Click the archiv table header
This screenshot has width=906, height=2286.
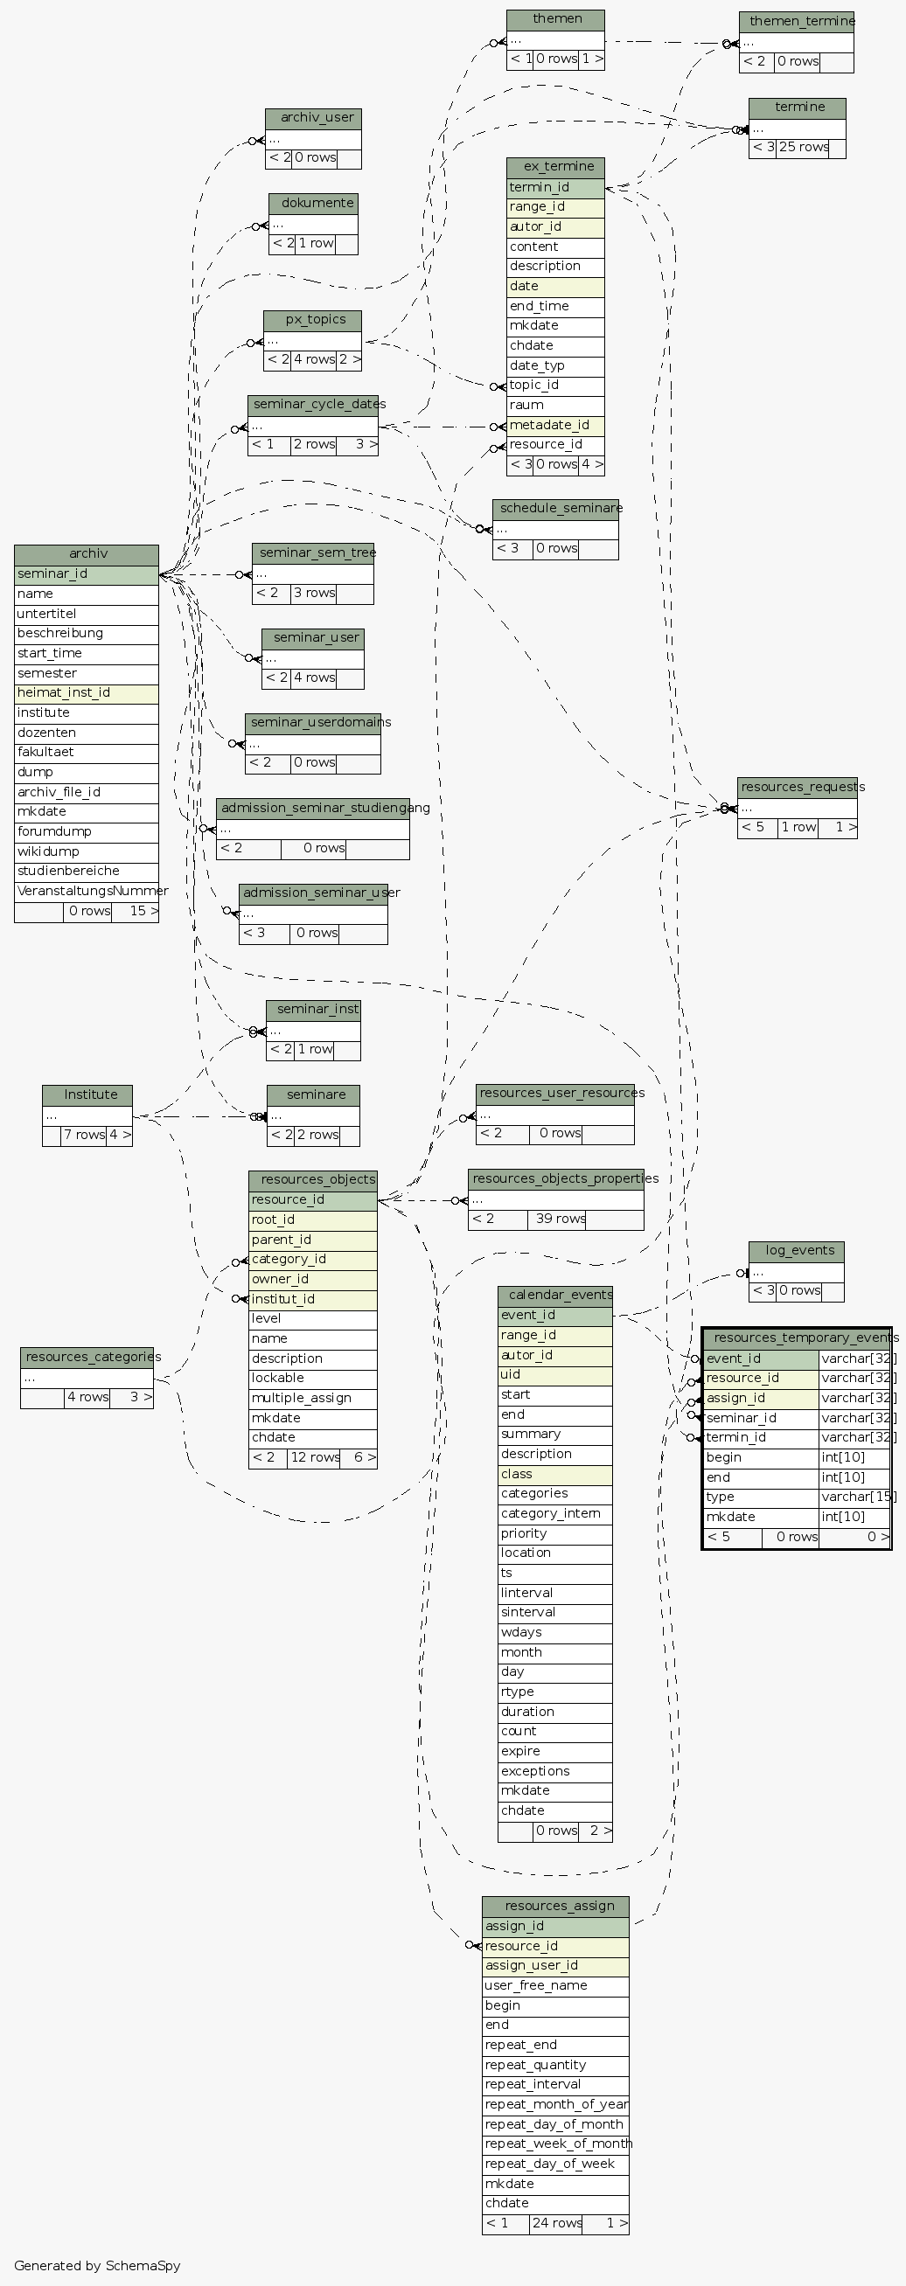87,553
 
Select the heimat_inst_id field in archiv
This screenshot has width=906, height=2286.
86,693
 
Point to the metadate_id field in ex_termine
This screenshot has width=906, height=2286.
554,425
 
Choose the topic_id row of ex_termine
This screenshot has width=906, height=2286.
554,386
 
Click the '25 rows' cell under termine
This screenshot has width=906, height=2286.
803,148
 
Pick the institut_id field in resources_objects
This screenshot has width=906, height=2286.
312,1299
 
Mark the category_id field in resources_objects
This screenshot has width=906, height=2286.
312,1259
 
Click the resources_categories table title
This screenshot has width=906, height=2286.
93,1357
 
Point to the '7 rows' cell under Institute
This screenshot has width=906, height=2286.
84,1135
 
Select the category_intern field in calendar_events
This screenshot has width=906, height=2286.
554,1514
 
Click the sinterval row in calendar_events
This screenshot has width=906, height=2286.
554,1613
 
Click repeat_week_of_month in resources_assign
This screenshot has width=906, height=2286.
556,2144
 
